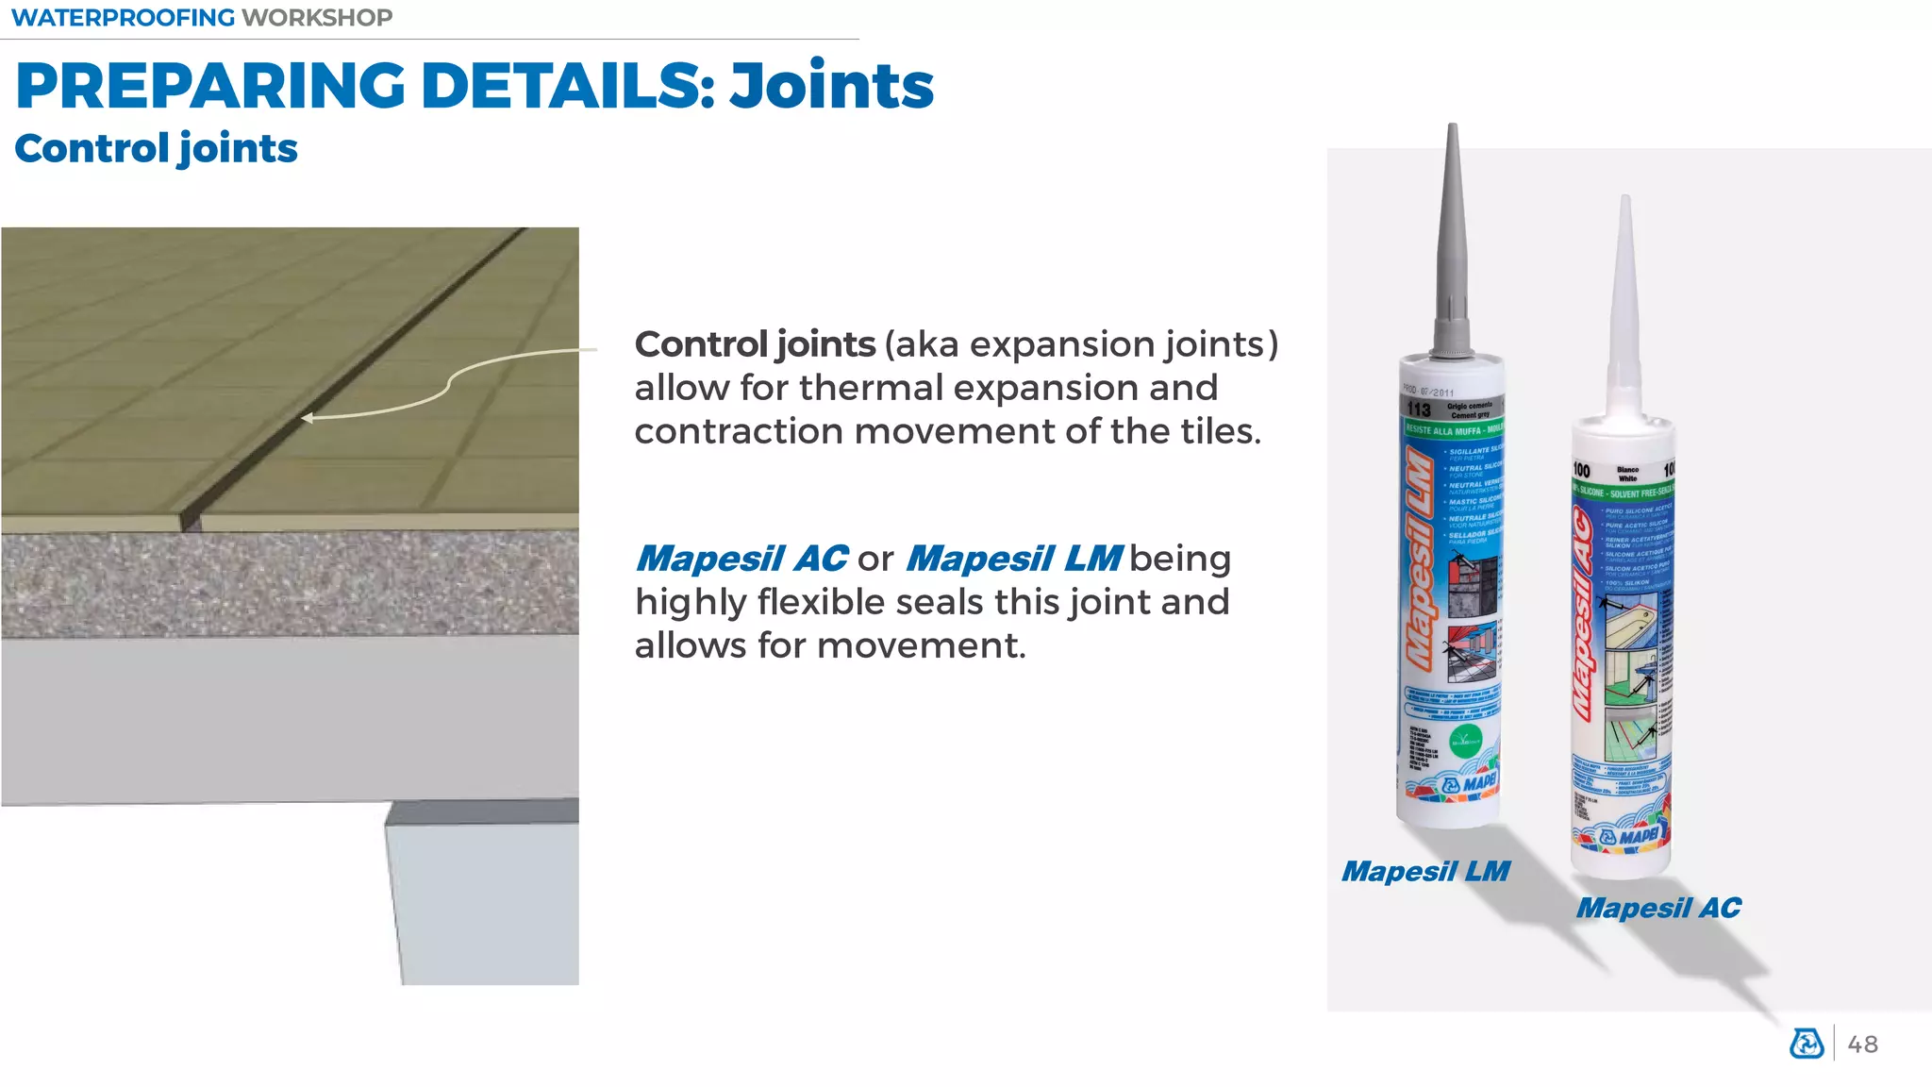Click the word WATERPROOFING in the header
pyautogui.click(x=123, y=18)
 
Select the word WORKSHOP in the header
pyautogui.click(x=317, y=18)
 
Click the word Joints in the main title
pyautogui.click(x=831, y=86)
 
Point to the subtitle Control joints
pyautogui.click(x=156, y=149)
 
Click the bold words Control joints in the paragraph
pyautogui.click(x=755, y=344)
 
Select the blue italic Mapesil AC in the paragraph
pyautogui.click(x=741, y=559)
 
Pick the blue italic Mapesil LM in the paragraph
pyautogui.click(x=1014, y=559)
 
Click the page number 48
pyautogui.click(x=1862, y=1045)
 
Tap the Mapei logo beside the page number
pyautogui.click(x=1807, y=1044)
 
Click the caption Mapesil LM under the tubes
pyautogui.click(x=1425, y=871)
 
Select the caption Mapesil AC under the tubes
pyautogui.click(x=1658, y=908)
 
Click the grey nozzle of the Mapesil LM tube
pyautogui.click(x=1452, y=245)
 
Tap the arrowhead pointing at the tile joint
pyautogui.click(x=307, y=418)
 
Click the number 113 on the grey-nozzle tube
pyautogui.click(x=1419, y=410)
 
